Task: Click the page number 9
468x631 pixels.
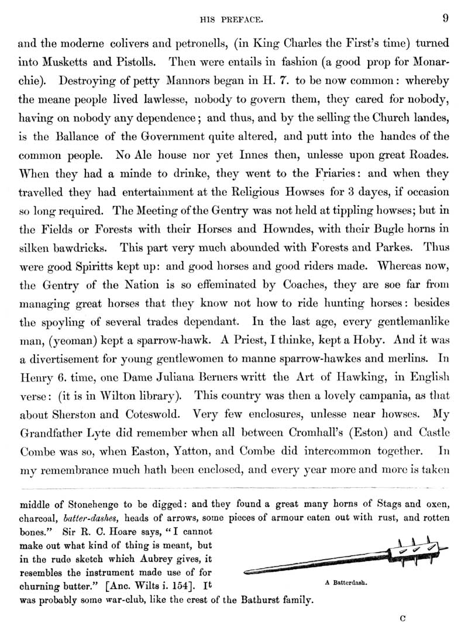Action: coord(446,18)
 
